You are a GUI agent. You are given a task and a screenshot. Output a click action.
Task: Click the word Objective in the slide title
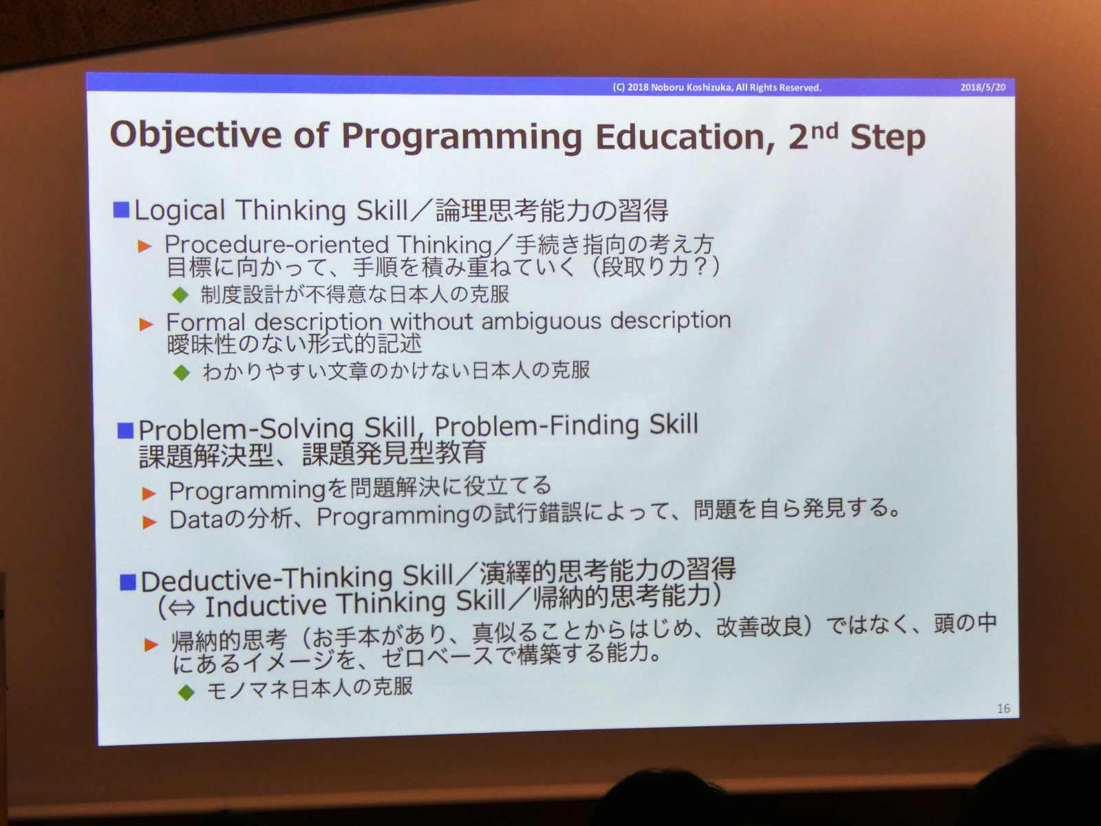click(x=195, y=136)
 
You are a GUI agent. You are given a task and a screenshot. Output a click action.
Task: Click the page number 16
click(x=1004, y=708)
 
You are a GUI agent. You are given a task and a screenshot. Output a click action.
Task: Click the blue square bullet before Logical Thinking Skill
click(x=121, y=210)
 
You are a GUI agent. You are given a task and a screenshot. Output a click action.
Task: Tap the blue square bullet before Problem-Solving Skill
click(x=125, y=430)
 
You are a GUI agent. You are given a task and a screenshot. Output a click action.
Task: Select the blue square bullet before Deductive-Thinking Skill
click(x=128, y=582)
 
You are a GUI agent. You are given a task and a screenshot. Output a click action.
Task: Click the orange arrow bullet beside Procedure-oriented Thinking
click(x=145, y=246)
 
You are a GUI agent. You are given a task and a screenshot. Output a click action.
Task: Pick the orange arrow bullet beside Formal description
click(x=147, y=324)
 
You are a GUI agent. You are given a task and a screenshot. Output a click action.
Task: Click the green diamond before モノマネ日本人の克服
click(x=186, y=692)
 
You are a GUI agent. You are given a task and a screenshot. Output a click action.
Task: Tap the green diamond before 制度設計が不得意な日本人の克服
click(x=180, y=295)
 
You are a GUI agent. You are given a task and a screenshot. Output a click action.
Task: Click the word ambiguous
click(x=542, y=321)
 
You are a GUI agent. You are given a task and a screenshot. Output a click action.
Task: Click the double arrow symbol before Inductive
click(x=182, y=608)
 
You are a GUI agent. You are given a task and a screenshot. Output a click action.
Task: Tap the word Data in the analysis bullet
click(x=196, y=520)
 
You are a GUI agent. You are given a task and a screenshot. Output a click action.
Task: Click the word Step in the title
click(x=887, y=138)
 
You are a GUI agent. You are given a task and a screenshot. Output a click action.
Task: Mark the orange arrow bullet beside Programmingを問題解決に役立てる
click(x=149, y=494)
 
